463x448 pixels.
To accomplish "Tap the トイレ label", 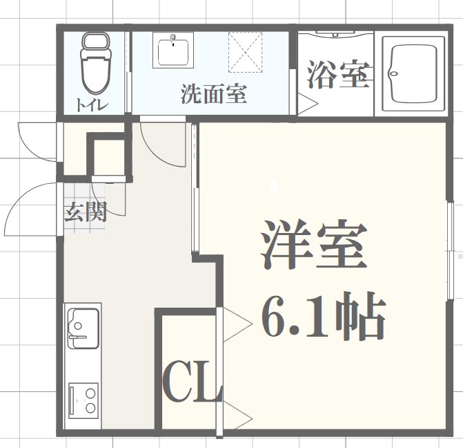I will [92, 106].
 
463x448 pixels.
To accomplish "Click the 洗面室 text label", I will [214, 93].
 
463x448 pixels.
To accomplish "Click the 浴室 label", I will [337, 75].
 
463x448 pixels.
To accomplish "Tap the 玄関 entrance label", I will [86, 212].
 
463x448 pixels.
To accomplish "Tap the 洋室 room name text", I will [313, 246].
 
